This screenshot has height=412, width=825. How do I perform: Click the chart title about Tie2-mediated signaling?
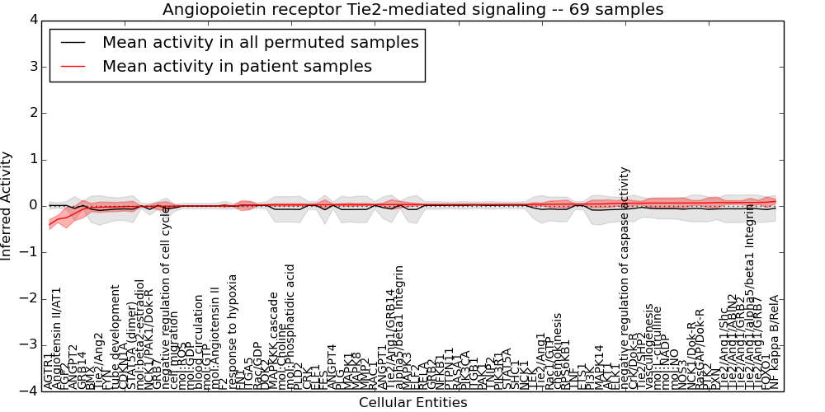pyautogui.click(x=412, y=10)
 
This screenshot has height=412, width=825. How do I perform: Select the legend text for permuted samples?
pyautogui.click(x=260, y=42)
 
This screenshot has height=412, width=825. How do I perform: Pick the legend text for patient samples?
pyautogui.click(x=237, y=66)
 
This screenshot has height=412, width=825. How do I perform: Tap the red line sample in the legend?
pyautogui.click(x=73, y=66)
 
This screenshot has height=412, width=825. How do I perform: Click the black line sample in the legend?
pyautogui.click(x=73, y=42)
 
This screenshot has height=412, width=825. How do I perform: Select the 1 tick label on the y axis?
pyautogui.click(x=32, y=159)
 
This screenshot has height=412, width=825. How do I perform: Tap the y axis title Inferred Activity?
pyautogui.click(x=7, y=205)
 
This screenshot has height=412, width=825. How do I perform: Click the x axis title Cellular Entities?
pyautogui.click(x=412, y=402)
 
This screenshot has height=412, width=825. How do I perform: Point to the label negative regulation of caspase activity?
pyautogui.click(x=625, y=278)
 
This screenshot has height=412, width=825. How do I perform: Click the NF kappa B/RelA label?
pyautogui.click(x=774, y=342)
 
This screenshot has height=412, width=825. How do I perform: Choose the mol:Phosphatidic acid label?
pyautogui.click(x=290, y=327)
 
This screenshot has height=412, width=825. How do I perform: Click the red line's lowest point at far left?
pyautogui.click(x=49, y=224)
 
